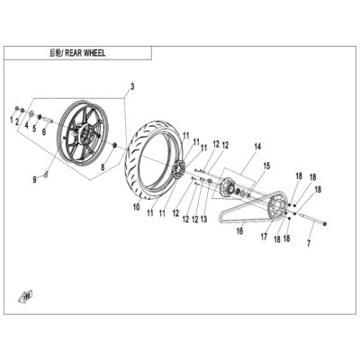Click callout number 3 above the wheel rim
click(x=132, y=87)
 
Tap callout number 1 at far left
click(x=12, y=121)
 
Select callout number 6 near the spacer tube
click(x=44, y=131)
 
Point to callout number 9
click(x=35, y=180)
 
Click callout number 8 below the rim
click(x=103, y=167)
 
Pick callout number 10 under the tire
click(x=137, y=207)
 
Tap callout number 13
click(x=203, y=220)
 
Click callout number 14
click(x=257, y=147)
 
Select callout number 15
click(x=266, y=166)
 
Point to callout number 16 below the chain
click(x=239, y=231)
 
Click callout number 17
click(x=264, y=237)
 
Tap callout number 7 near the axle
click(x=309, y=243)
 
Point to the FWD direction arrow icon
click(x=27, y=296)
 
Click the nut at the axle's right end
click(x=326, y=224)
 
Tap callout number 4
click(x=26, y=125)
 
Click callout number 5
click(x=34, y=129)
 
